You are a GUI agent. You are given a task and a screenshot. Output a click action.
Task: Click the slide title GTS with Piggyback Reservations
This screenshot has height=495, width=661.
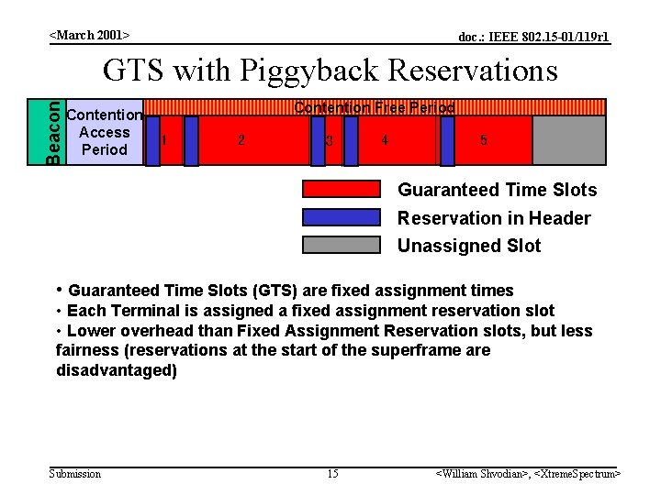point(330,71)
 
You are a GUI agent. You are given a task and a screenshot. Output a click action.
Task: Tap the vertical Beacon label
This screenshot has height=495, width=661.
point(55,132)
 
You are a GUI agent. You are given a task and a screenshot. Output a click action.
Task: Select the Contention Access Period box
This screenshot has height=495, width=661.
point(105,133)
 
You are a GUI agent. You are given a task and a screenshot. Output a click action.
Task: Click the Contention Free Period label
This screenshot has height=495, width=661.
point(374,107)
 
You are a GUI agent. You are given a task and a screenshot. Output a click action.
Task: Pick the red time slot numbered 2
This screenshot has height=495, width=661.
point(241,140)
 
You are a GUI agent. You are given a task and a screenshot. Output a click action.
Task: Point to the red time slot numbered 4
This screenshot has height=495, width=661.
point(385,140)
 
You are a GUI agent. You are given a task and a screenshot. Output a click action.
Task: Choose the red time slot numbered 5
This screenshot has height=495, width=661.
point(484,140)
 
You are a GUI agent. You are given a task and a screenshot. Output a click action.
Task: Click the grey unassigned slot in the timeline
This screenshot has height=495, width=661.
point(568,140)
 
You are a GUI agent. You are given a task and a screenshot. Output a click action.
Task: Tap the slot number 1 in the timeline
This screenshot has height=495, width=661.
point(163,140)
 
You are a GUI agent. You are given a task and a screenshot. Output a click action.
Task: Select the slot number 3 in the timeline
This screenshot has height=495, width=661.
point(329,141)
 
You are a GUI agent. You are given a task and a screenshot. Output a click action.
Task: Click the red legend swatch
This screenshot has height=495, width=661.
point(341,190)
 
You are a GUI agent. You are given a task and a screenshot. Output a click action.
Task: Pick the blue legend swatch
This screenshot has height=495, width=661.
point(341,217)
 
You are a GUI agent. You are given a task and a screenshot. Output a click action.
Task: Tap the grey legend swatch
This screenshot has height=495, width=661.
point(341,245)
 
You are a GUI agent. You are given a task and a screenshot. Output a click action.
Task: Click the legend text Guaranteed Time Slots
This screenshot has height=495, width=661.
point(497,190)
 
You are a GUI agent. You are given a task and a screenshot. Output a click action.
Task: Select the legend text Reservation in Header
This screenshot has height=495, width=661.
point(493,218)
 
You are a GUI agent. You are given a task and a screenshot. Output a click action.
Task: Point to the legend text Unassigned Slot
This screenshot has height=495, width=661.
point(468,246)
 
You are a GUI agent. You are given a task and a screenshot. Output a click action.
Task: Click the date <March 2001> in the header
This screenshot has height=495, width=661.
point(89,35)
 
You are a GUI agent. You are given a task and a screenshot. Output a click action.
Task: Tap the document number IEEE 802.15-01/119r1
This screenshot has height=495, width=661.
point(533,37)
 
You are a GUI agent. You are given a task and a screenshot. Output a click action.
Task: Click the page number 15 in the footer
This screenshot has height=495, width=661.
point(332,473)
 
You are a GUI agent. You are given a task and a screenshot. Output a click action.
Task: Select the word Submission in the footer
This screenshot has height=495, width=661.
point(74,473)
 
